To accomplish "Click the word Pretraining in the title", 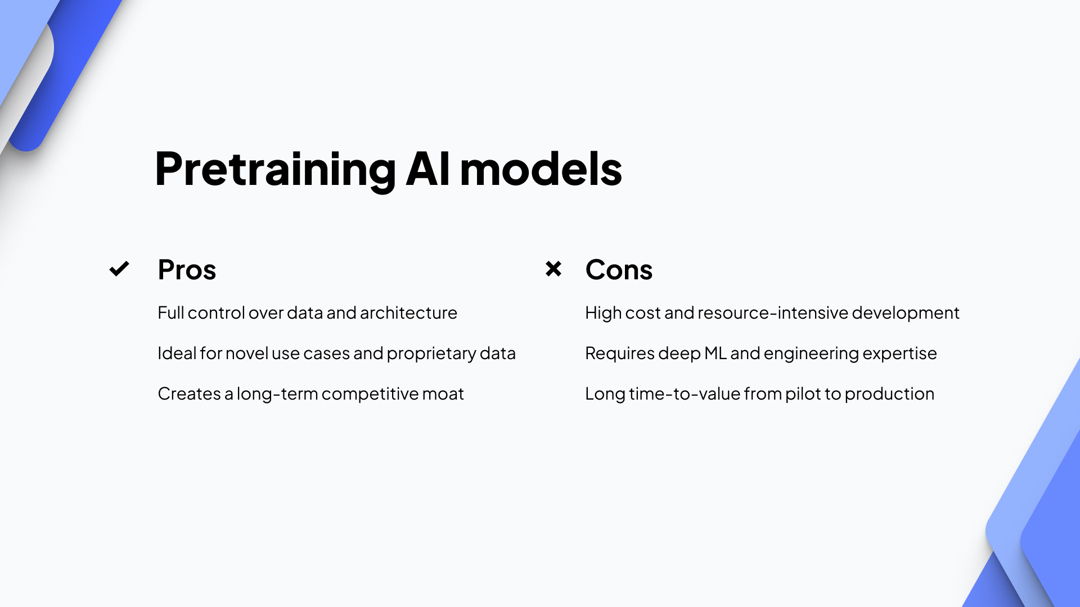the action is (x=275, y=169).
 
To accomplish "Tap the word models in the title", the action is (x=541, y=169).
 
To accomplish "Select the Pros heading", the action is (x=187, y=270).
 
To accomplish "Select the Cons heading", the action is (x=619, y=270).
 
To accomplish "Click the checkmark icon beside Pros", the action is (x=119, y=269).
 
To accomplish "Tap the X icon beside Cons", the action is (x=553, y=269).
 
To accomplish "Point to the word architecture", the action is (x=408, y=313).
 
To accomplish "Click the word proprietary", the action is (x=431, y=354).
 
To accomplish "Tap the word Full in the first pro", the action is (x=170, y=313).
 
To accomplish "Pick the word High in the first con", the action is (x=602, y=313).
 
